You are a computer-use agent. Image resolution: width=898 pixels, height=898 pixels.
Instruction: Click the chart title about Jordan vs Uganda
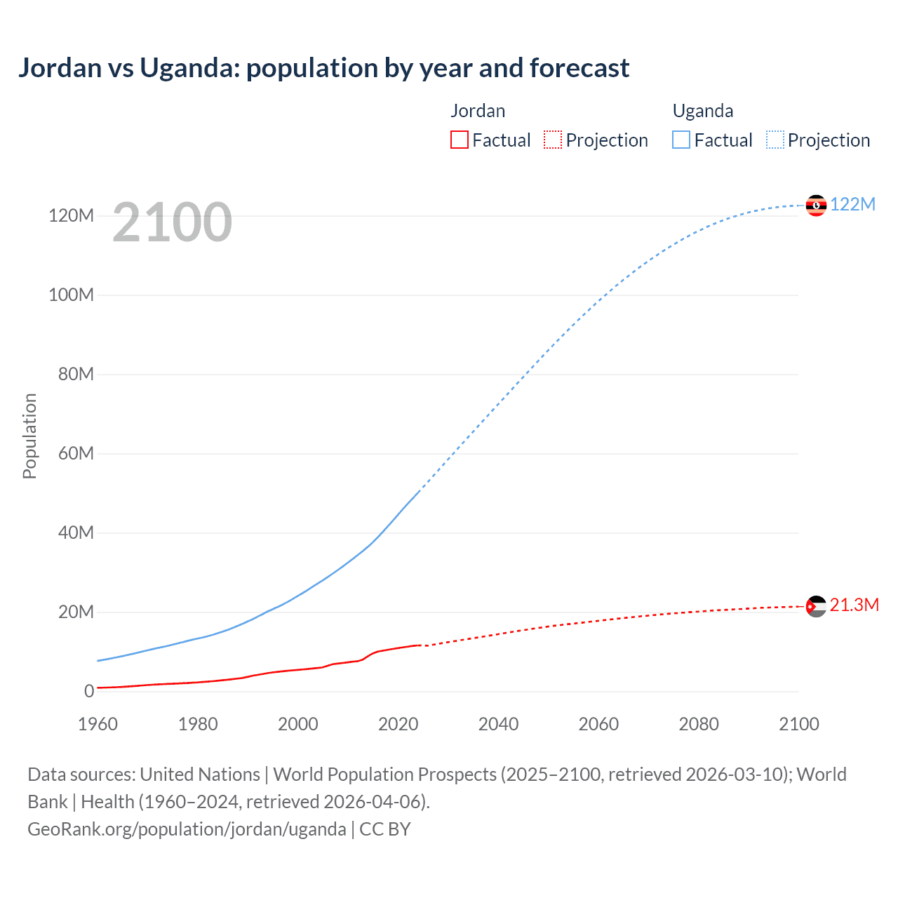pyautogui.click(x=323, y=68)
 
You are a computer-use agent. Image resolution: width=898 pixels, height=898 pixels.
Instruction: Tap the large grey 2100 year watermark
pyautogui.click(x=172, y=222)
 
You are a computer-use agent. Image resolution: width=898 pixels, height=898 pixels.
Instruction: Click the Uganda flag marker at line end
pyautogui.click(x=816, y=206)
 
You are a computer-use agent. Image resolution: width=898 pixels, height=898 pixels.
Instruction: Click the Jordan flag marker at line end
pyautogui.click(x=816, y=606)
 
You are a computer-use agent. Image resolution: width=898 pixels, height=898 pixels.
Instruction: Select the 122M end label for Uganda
pyautogui.click(x=852, y=204)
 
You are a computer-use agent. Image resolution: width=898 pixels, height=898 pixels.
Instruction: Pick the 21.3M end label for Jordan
pyautogui.click(x=854, y=605)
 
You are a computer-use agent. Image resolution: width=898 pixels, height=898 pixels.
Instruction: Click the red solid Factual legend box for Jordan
pyautogui.click(x=460, y=140)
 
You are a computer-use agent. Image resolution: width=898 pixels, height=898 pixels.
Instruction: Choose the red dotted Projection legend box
pyautogui.click(x=553, y=140)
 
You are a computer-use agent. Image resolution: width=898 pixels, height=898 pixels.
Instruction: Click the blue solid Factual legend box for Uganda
pyautogui.click(x=681, y=140)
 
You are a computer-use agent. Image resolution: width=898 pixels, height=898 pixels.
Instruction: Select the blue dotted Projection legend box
pyautogui.click(x=775, y=140)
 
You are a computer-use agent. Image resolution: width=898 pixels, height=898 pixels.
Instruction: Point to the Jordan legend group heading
pyautogui.click(x=478, y=111)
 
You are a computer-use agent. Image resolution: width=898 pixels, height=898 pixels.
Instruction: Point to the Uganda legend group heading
pyautogui.click(x=703, y=111)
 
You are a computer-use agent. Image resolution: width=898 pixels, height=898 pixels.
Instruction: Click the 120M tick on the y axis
pyautogui.click(x=71, y=215)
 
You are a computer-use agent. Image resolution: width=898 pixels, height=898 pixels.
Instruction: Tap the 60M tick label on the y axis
pyautogui.click(x=76, y=453)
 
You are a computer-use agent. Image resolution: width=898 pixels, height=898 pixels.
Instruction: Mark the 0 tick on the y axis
pyautogui.click(x=89, y=691)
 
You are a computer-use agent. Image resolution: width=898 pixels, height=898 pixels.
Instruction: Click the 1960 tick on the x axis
pyautogui.click(x=98, y=724)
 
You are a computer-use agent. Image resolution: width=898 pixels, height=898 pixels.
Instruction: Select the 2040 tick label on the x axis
pyautogui.click(x=498, y=724)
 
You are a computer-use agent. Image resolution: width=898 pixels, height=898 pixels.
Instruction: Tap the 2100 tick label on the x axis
pyautogui.click(x=798, y=724)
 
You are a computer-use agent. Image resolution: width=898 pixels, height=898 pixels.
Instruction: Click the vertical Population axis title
pyautogui.click(x=29, y=436)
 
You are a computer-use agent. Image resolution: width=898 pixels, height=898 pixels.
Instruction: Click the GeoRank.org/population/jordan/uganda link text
pyautogui.click(x=187, y=829)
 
